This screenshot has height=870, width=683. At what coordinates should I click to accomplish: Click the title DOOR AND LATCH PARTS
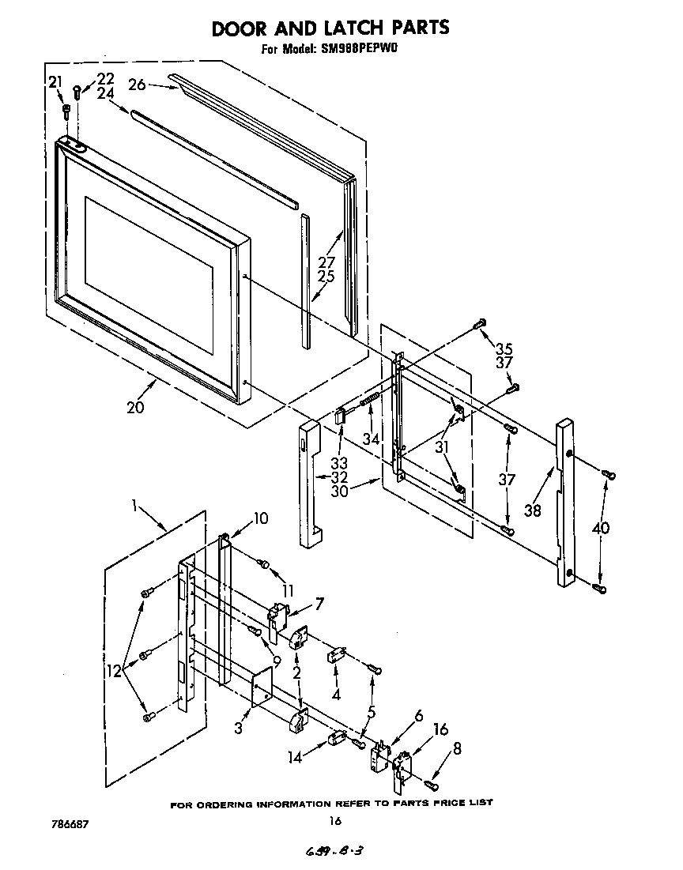tap(330, 28)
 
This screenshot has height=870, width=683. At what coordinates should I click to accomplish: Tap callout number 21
tap(55, 81)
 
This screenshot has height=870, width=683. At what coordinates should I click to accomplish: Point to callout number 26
tap(137, 85)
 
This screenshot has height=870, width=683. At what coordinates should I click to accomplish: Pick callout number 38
tap(532, 510)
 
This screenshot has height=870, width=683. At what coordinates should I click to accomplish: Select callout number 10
tap(259, 519)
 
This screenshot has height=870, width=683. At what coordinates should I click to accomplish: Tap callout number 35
tap(504, 348)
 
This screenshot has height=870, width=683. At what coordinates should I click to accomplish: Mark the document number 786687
tap(67, 824)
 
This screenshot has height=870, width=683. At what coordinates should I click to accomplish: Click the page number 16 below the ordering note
tap(335, 821)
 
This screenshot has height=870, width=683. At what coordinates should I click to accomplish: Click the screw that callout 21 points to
tap(66, 110)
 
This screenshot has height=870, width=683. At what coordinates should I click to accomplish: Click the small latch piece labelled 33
tap(341, 414)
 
